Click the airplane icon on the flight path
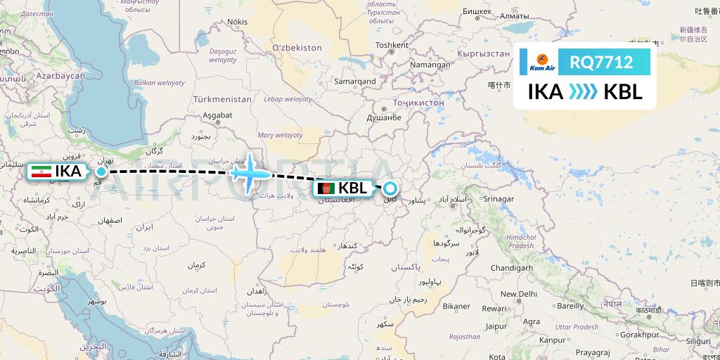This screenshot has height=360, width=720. point(247,171)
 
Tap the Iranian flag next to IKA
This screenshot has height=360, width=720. point(41,171)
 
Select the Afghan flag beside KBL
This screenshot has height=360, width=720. point(326,188)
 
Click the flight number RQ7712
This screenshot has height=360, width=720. point(601,63)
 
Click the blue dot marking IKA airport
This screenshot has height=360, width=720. point(102,171)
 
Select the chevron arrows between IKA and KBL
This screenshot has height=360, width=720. point(583,92)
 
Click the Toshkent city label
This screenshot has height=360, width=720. point(392,45)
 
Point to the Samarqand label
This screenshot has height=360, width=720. point(355,82)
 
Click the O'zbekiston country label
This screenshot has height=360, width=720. point(295,48)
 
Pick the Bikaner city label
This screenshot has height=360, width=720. point(456,307)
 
